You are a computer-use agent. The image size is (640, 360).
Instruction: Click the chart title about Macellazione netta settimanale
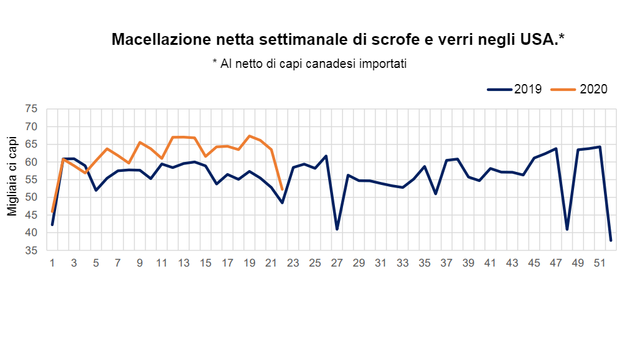coord(338,40)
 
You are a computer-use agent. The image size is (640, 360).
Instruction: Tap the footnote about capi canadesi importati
coord(309,64)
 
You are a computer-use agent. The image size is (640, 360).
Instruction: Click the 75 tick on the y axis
coord(32,109)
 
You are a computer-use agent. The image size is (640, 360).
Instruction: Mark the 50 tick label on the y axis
coord(32,197)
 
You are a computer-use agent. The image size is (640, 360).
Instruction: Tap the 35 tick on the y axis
coord(32,250)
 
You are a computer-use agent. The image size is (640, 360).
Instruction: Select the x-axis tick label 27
coord(337,263)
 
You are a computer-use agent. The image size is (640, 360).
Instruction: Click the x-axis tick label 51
coord(600,263)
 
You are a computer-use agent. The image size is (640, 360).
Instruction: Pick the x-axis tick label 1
coord(52,263)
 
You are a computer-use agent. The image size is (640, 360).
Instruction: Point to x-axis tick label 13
coord(184,263)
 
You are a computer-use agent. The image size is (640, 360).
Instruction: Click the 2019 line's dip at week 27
coord(337,229)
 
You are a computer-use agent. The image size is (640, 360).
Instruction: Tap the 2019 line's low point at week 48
coord(567,229)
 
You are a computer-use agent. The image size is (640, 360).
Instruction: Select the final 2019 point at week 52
coord(611,240)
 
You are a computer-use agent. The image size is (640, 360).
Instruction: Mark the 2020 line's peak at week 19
coord(250,136)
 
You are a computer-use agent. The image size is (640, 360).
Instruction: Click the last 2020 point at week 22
coord(282,189)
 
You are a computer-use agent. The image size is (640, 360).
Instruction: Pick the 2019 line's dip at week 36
coord(436,194)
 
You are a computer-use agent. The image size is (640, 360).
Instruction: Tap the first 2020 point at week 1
coord(52,212)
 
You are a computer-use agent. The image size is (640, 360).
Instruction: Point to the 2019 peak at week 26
coord(326,156)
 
